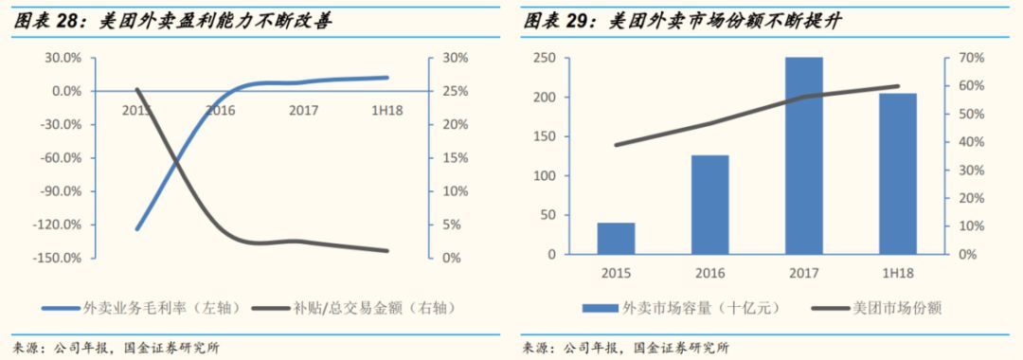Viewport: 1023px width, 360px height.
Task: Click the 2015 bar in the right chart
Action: (616, 238)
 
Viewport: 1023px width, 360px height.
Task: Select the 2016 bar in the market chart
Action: (710, 205)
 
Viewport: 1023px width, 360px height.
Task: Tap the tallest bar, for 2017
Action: (803, 155)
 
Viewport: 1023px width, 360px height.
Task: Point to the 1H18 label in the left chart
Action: (386, 111)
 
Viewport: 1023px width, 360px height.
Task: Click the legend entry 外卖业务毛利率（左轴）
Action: (133, 308)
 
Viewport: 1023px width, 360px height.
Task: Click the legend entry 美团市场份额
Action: (872, 308)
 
